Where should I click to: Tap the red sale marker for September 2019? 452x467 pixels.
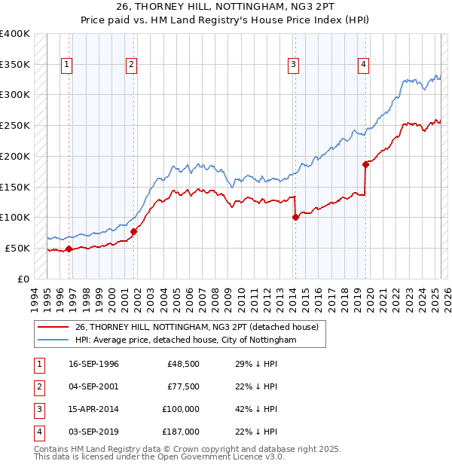pos(365,163)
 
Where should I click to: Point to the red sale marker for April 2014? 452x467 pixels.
pos(295,217)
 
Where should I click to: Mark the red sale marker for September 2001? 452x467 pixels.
pos(133,231)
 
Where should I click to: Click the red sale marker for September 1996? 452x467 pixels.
pos(69,249)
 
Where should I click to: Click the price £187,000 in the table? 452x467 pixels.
pos(182,432)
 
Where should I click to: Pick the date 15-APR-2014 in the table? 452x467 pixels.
pos(93,409)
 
